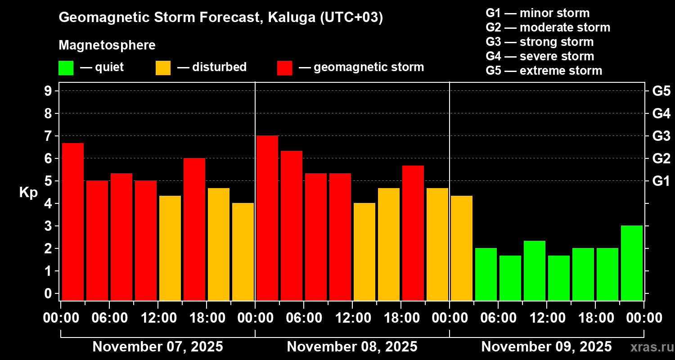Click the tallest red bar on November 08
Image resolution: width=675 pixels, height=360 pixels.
tap(267, 218)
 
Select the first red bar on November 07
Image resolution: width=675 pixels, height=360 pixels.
tap(73, 221)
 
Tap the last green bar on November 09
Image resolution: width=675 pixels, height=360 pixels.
tap(632, 263)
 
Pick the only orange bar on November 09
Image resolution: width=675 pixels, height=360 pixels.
tap(462, 248)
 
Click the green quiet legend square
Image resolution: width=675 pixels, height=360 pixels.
tap(66, 68)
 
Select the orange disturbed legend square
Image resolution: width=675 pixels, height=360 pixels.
tap(163, 68)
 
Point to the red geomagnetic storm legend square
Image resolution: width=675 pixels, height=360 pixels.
tap(284, 68)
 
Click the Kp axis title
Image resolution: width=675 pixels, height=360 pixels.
tap(28, 192)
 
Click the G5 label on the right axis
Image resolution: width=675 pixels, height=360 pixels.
tap(661, 91)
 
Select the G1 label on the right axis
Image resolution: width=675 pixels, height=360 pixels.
tap(661, 181)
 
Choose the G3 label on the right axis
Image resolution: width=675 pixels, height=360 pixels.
tap(661, 136)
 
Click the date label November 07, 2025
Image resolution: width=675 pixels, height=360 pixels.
tap(157, 347)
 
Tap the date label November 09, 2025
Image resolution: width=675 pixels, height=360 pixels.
tap(546, 347)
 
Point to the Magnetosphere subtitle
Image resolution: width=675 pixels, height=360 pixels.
tap(107, 45)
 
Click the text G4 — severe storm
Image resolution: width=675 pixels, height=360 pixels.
tap(540, 56)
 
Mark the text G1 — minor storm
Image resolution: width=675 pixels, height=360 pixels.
tap(538, 13)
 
